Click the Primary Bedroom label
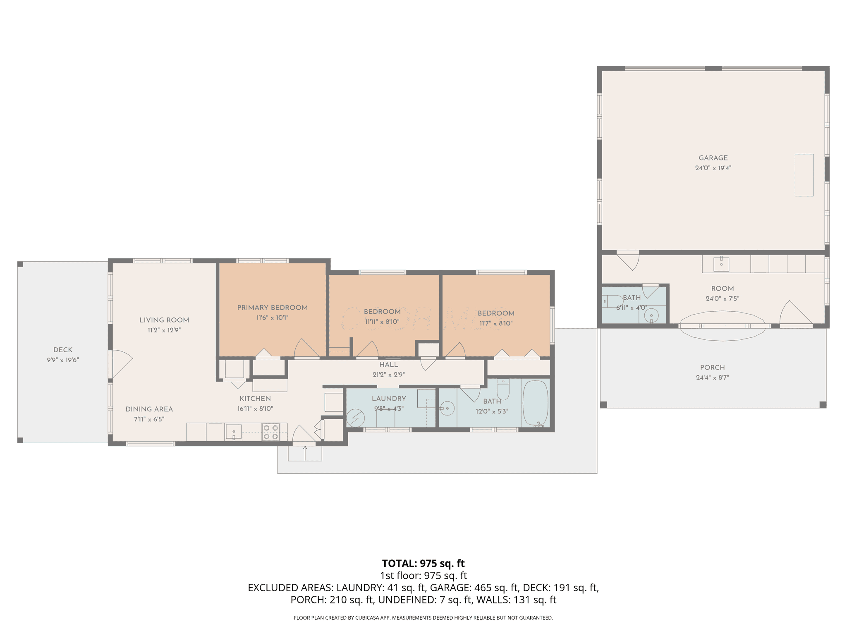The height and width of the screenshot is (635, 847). point(272,308)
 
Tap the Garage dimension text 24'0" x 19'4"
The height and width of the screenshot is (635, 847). point(713,168)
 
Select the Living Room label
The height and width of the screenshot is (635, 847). point(164,320)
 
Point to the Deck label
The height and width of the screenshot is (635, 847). point(63,350)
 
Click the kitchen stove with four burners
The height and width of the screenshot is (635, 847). point(270,432)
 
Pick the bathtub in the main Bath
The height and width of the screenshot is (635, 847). point(536,403)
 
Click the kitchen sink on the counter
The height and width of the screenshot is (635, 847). point(234,432)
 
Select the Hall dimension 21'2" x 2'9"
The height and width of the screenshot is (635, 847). point(388,375)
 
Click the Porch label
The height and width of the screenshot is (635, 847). point(713,368)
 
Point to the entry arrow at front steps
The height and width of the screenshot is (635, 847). point(305,453)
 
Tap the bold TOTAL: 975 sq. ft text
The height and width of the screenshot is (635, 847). point(423,563)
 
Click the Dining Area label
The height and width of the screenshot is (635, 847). point(149,409)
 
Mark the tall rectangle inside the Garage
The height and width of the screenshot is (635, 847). point(804,175)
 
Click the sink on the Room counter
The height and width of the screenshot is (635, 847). point(721,264)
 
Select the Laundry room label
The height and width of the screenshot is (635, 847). point(389,399)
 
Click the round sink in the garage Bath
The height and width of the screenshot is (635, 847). point(651,315)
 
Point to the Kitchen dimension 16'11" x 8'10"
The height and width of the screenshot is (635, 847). point(255,408)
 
